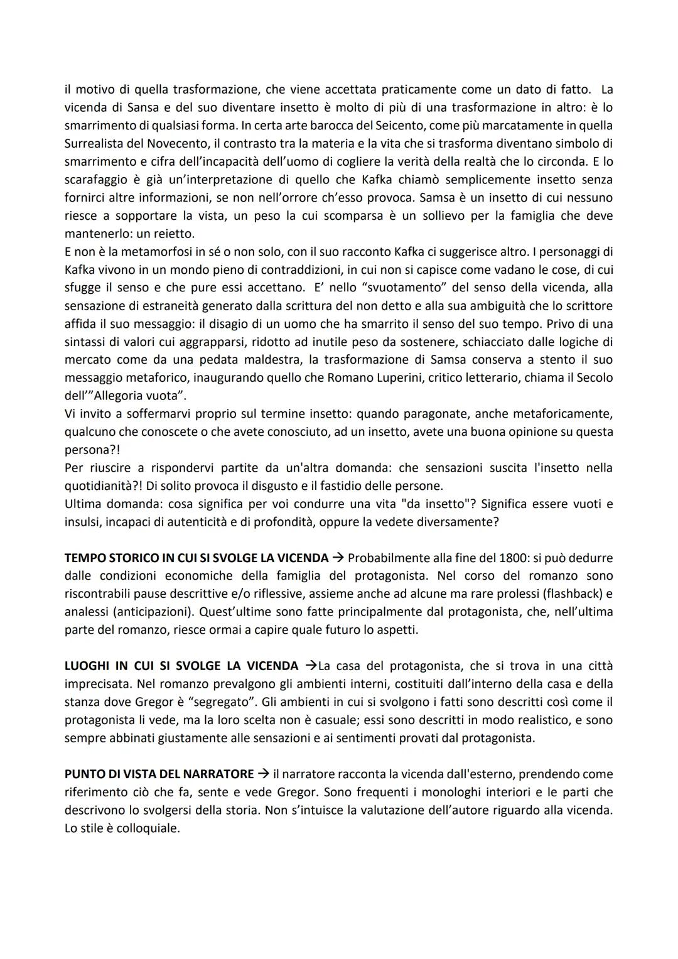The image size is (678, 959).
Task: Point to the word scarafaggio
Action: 94,180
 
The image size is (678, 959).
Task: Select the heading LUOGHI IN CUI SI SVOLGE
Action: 151,666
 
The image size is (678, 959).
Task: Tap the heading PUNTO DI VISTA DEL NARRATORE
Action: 159,774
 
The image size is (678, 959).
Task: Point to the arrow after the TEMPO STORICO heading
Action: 338,558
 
